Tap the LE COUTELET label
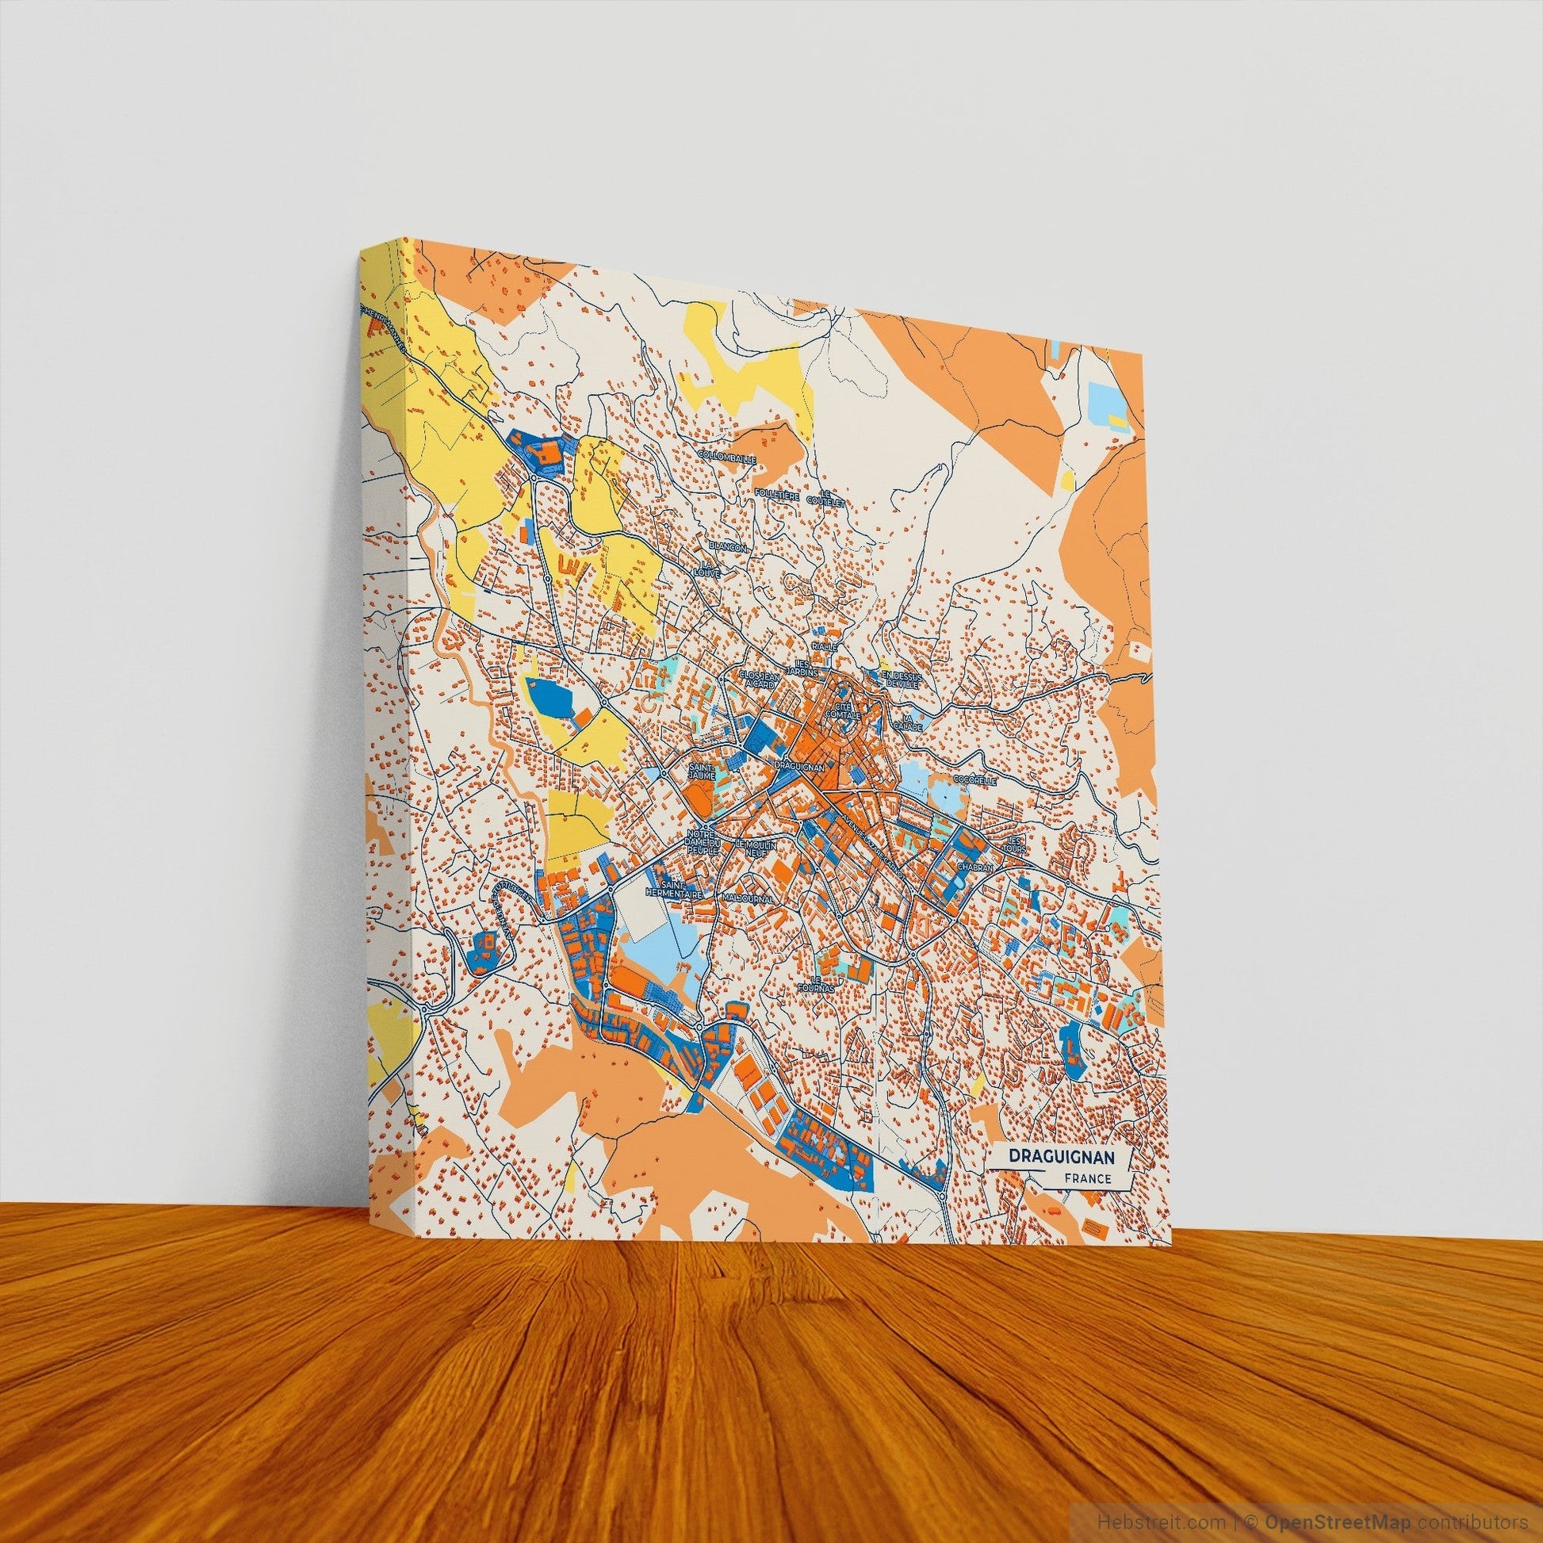[825, 499]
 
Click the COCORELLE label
[974, 779]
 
